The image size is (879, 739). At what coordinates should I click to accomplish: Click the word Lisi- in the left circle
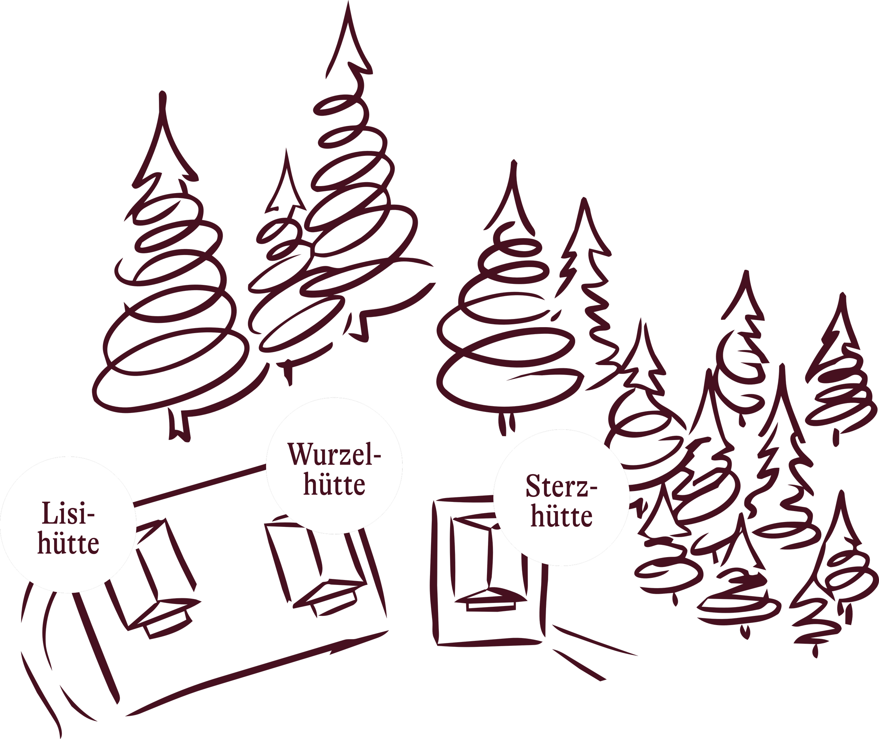(68, 513)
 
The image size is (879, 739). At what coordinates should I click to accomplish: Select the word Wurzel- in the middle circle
(334, 454)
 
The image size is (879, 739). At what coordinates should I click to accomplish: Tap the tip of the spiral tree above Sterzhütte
(514, 162)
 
